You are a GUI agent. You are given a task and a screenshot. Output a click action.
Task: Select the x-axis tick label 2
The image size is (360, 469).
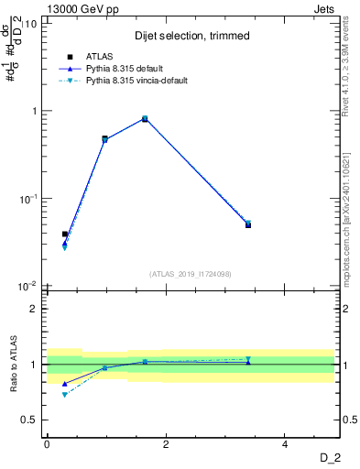166,444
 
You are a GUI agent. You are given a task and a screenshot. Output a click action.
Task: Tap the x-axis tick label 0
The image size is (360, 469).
47,444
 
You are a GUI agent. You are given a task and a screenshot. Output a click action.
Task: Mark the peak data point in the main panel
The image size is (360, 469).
145,118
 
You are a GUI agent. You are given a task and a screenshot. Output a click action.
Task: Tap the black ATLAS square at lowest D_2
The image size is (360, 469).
65,234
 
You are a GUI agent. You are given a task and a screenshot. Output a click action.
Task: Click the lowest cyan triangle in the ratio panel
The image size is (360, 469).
65,395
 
